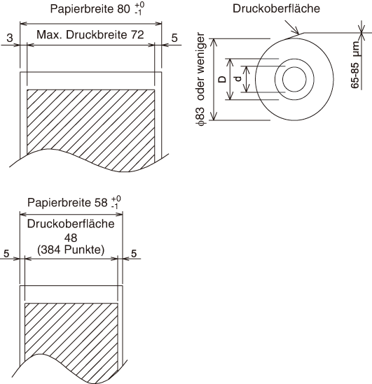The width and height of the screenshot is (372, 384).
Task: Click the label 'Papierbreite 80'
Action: (90, 9)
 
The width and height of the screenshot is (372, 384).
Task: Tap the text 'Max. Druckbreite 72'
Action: (90, 35)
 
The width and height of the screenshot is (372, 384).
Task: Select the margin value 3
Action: (10, 38)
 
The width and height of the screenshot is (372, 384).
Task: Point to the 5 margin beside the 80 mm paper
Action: (174, 38)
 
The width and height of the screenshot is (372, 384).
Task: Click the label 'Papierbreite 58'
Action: (67, 203)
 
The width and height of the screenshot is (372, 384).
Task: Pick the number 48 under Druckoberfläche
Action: (71, 238)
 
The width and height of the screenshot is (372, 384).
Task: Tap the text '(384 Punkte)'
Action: (71, 250)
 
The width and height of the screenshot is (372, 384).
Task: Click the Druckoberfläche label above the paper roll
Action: (276, 8)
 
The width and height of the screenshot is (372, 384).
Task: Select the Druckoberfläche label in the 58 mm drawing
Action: (71, 224)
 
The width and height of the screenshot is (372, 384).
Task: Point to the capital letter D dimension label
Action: (222, 79)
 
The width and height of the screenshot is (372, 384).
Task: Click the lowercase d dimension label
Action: (238, 79)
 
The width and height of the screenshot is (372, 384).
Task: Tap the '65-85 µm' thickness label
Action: (354, 64)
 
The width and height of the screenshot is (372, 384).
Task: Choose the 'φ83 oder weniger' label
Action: (200, 79)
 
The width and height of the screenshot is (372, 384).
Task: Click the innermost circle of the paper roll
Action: (294, 67)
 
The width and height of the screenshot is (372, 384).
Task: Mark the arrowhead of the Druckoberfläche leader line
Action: (299, 34)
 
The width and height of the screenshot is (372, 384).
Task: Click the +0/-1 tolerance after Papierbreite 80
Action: (139, 8)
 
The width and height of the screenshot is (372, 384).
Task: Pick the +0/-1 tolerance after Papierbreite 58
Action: (116, 202)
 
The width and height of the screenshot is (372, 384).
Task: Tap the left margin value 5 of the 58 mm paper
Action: (6, 253)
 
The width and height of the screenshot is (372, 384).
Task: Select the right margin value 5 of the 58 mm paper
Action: (134, 253)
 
